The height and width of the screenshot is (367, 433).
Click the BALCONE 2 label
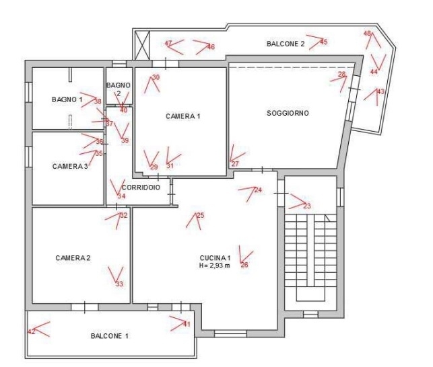click(x=286, y=44)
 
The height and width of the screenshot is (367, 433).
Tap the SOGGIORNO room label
click(x=288, y=113)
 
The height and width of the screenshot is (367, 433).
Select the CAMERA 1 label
click(x=182, y=116)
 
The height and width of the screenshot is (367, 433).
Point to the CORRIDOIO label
click(x=141, y=188)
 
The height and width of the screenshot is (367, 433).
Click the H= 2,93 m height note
click(x=215, y=266)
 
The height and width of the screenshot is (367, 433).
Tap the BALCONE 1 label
click(x=110, y=336)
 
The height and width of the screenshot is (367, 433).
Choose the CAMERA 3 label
click(x=70, y=166)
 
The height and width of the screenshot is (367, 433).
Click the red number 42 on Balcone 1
click(x=31, y=331)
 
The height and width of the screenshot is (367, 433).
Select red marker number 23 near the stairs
click(x=307, y=206)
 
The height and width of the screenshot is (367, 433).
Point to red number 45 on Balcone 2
click(x=324, y=42)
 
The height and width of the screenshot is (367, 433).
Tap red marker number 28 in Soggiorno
click(x=341, y=74)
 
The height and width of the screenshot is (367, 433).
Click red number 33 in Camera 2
click(x=119, y=284)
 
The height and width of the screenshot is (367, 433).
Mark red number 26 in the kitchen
click(x=244, y=265)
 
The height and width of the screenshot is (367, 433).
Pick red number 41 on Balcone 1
click(x=187, y=324)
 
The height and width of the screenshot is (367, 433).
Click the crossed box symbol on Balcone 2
click(x=143, y=45)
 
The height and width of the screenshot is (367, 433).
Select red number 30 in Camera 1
click(x=156, y=77)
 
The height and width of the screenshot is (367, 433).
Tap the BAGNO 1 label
click(x=67, y=99)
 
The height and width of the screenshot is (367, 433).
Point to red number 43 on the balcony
click(x=380, y=91)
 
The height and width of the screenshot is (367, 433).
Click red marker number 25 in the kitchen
click(x=200, y=215)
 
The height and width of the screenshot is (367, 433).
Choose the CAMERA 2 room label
click(x=73, y=258)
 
